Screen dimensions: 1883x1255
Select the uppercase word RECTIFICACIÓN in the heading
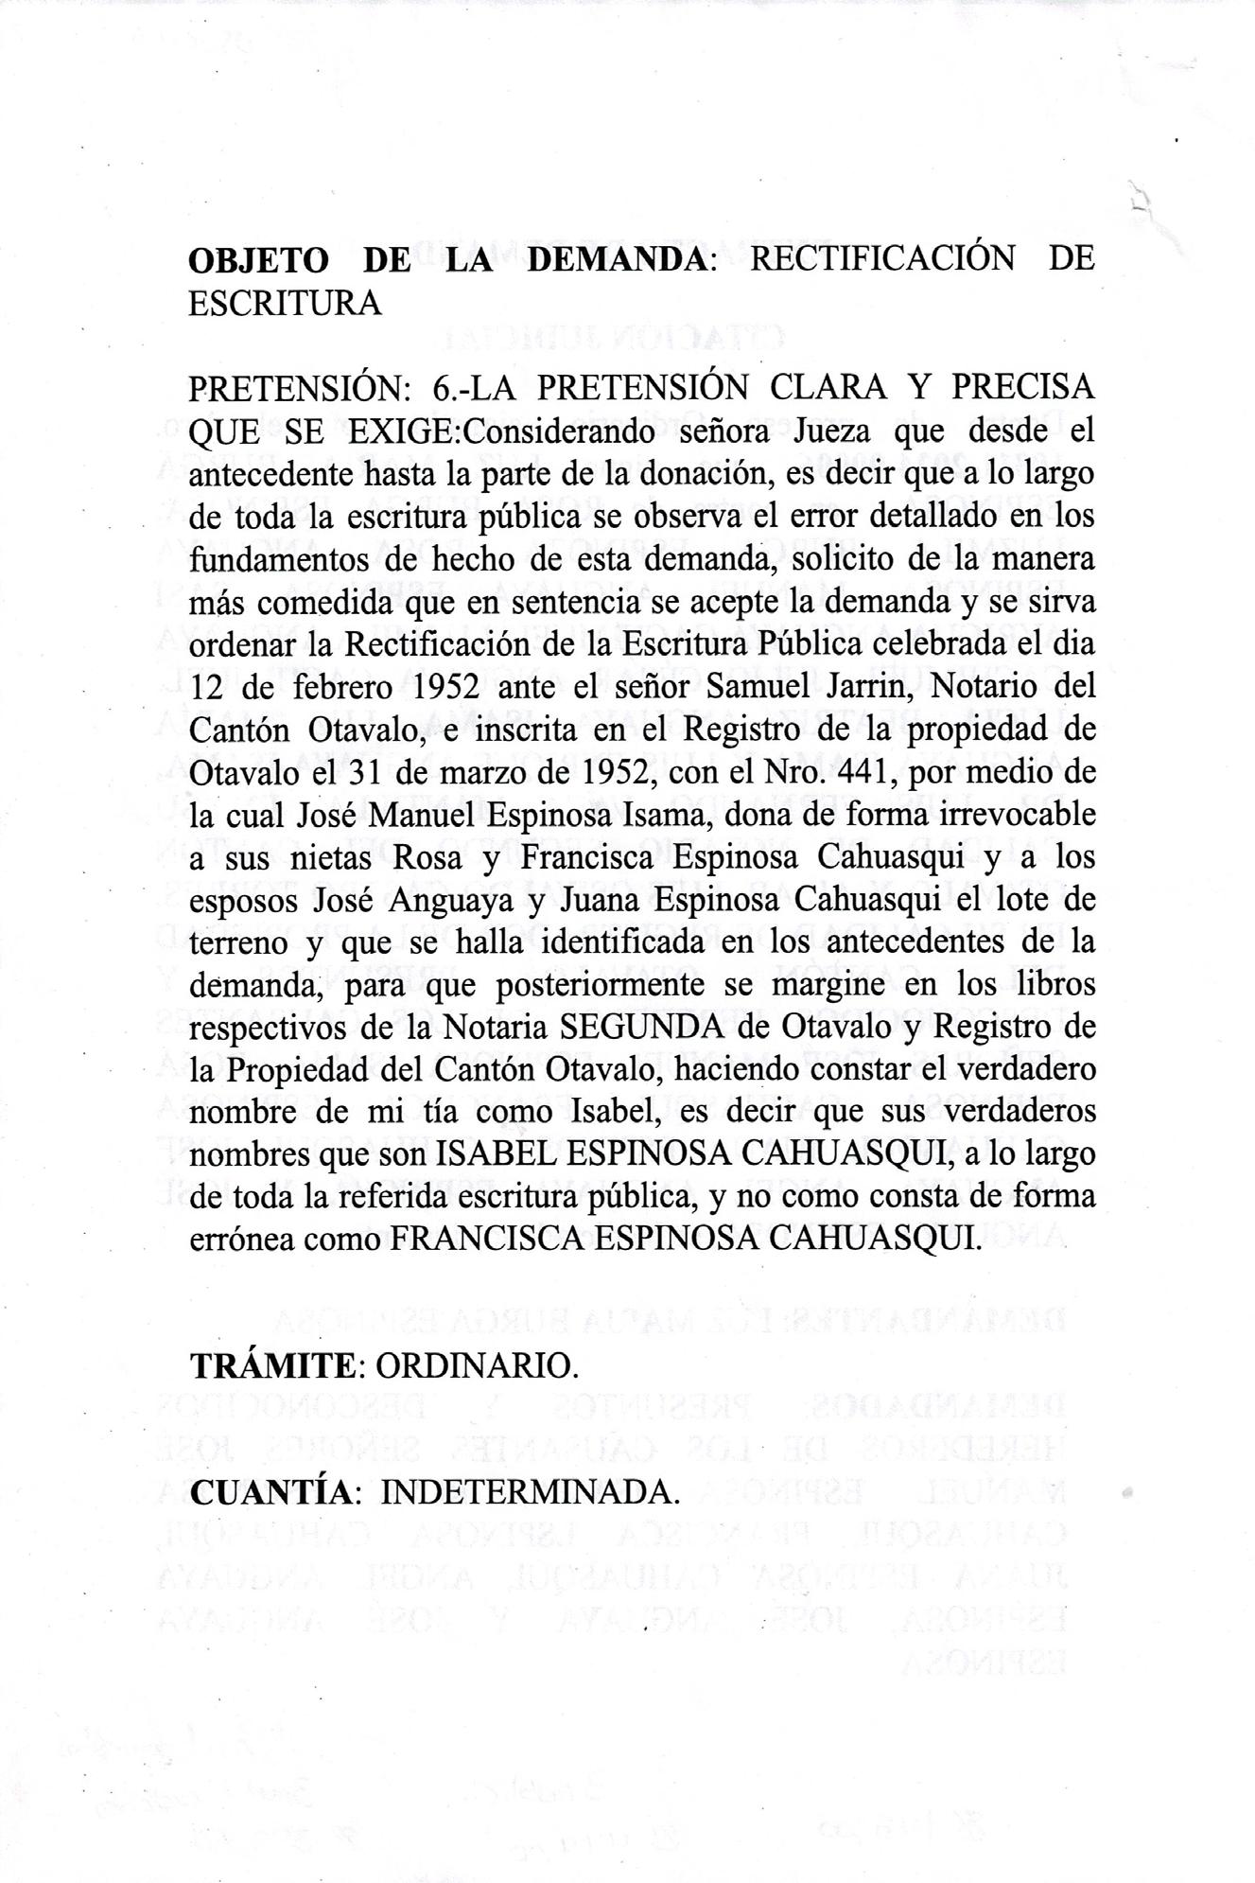click(881, 258)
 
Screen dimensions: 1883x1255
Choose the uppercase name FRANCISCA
click(485, 1241)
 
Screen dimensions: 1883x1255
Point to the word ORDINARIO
click(476, 1366)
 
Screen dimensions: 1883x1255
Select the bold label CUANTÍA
click(271, 1492)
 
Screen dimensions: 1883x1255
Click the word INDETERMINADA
click(532, 1492)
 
